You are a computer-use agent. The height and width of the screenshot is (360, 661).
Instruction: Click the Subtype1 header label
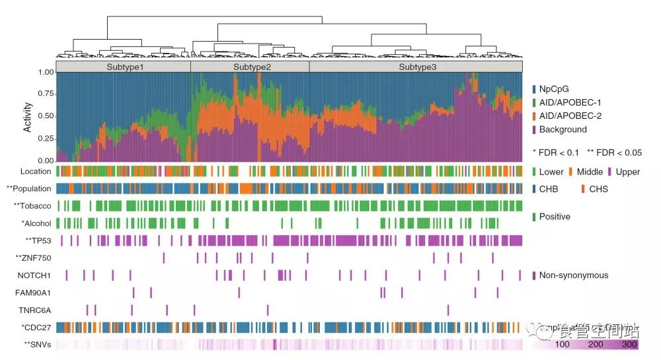tap(124, 67)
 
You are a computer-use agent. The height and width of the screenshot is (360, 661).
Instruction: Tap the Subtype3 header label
tap(417, 67)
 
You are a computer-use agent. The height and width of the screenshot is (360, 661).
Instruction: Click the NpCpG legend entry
tap(555, 89)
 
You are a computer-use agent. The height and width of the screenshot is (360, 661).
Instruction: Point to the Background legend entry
tap(563, 129)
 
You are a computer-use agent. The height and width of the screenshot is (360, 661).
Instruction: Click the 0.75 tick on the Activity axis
tap(45, 94)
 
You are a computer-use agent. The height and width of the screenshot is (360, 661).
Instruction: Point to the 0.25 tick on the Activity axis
tap(45, 139)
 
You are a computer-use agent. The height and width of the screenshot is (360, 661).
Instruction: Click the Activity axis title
tap(27, 117)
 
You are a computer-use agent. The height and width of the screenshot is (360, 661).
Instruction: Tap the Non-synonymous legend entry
tap(573, 275)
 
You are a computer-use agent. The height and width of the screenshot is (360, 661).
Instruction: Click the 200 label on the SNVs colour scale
tap(596, 345)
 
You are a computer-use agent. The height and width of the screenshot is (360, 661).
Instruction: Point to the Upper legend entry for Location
tap(627, 172)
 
